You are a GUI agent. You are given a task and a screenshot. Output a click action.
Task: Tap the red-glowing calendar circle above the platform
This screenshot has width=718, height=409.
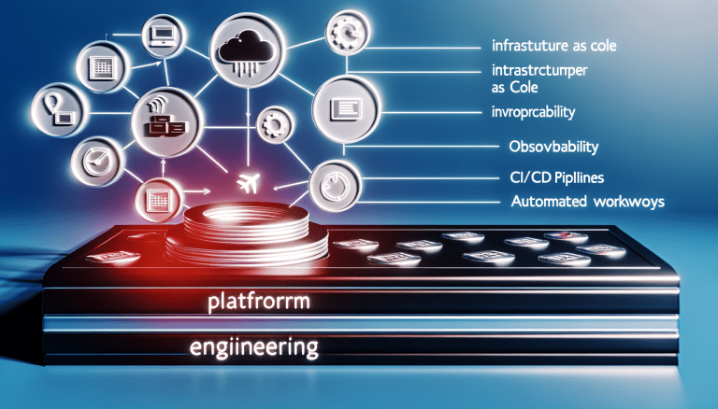[155, 197]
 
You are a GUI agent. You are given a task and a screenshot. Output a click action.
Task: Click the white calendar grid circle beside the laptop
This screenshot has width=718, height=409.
[101, 67]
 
